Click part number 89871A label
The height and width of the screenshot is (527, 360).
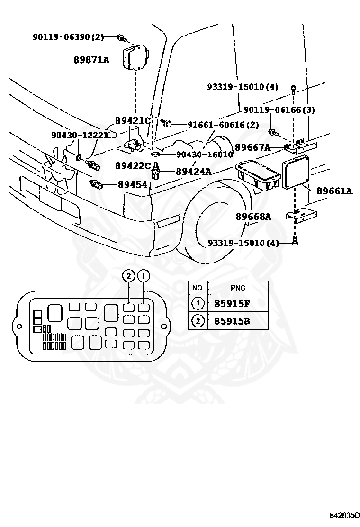pos(91,60)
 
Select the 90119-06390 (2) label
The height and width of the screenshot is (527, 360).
pos(68,36)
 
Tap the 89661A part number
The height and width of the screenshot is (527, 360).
pos(334,191)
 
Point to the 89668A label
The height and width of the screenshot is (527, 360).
pos(253,217)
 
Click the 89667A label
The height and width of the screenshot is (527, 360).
pos(252,147)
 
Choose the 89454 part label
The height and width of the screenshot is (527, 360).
pos(132,184)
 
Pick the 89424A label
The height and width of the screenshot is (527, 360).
pos(194,172)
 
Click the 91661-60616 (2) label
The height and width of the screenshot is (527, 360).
pos(223,125)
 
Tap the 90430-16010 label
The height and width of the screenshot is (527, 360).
pos(205,154)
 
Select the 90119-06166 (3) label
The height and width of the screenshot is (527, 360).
pos(279,109)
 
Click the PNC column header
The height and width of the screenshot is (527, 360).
pos(238,288)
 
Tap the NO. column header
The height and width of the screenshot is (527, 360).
pos(198,288)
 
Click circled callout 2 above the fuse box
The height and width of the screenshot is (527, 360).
pos(129,277)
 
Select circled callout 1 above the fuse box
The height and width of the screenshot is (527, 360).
pos(144,277)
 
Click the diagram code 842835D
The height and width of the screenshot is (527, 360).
pos(344,524)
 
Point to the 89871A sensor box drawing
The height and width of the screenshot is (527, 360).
pos(135,58)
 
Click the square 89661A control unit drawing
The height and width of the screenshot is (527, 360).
pos(295,173)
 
